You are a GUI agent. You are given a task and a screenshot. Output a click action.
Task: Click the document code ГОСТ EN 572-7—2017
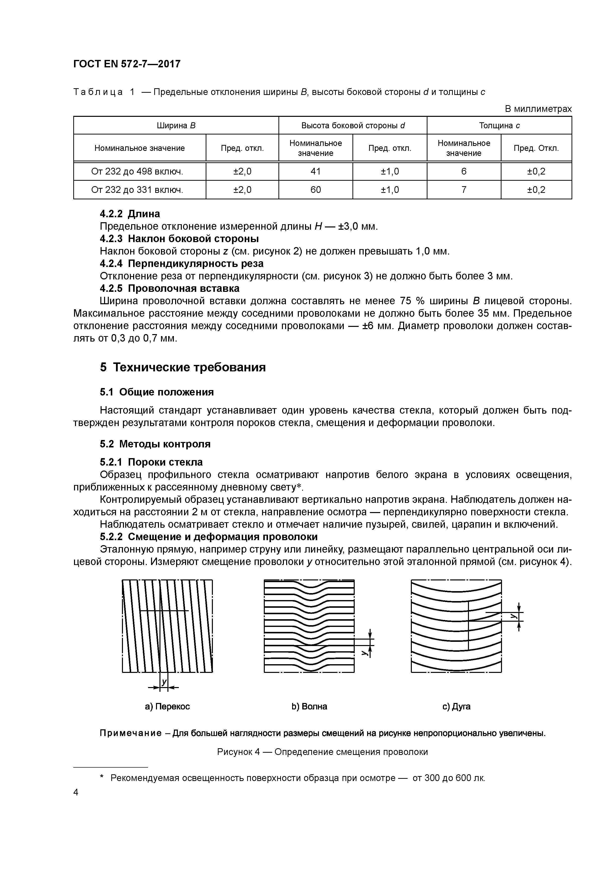pyautogui.click(x=127, y=64)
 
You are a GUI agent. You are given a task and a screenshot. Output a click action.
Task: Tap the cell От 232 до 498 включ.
pyautogui.click(x=137, y=172)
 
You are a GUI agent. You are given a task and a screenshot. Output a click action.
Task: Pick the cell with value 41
pyautogui.click(x=315, y=172)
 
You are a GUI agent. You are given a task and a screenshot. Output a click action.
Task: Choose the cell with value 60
pyautogui.click(x=315, y=190)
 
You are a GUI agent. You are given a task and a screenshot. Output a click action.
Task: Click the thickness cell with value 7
pyautogui.click(x=463, y=190)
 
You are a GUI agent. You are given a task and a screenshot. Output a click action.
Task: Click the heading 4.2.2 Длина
pyautogui.click(x=130, y=214)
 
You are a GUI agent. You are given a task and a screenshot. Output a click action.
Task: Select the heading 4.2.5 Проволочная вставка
pyautogui.click(x=170, y=289)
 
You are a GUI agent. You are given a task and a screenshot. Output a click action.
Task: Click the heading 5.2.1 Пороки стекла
pyautogui.click(x=151, y=462)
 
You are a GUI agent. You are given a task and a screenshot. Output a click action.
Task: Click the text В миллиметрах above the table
pyautogui.click(x=538, y=109)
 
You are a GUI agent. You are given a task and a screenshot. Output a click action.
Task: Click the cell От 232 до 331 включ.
pyautogui.click(x=137, y=190)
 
